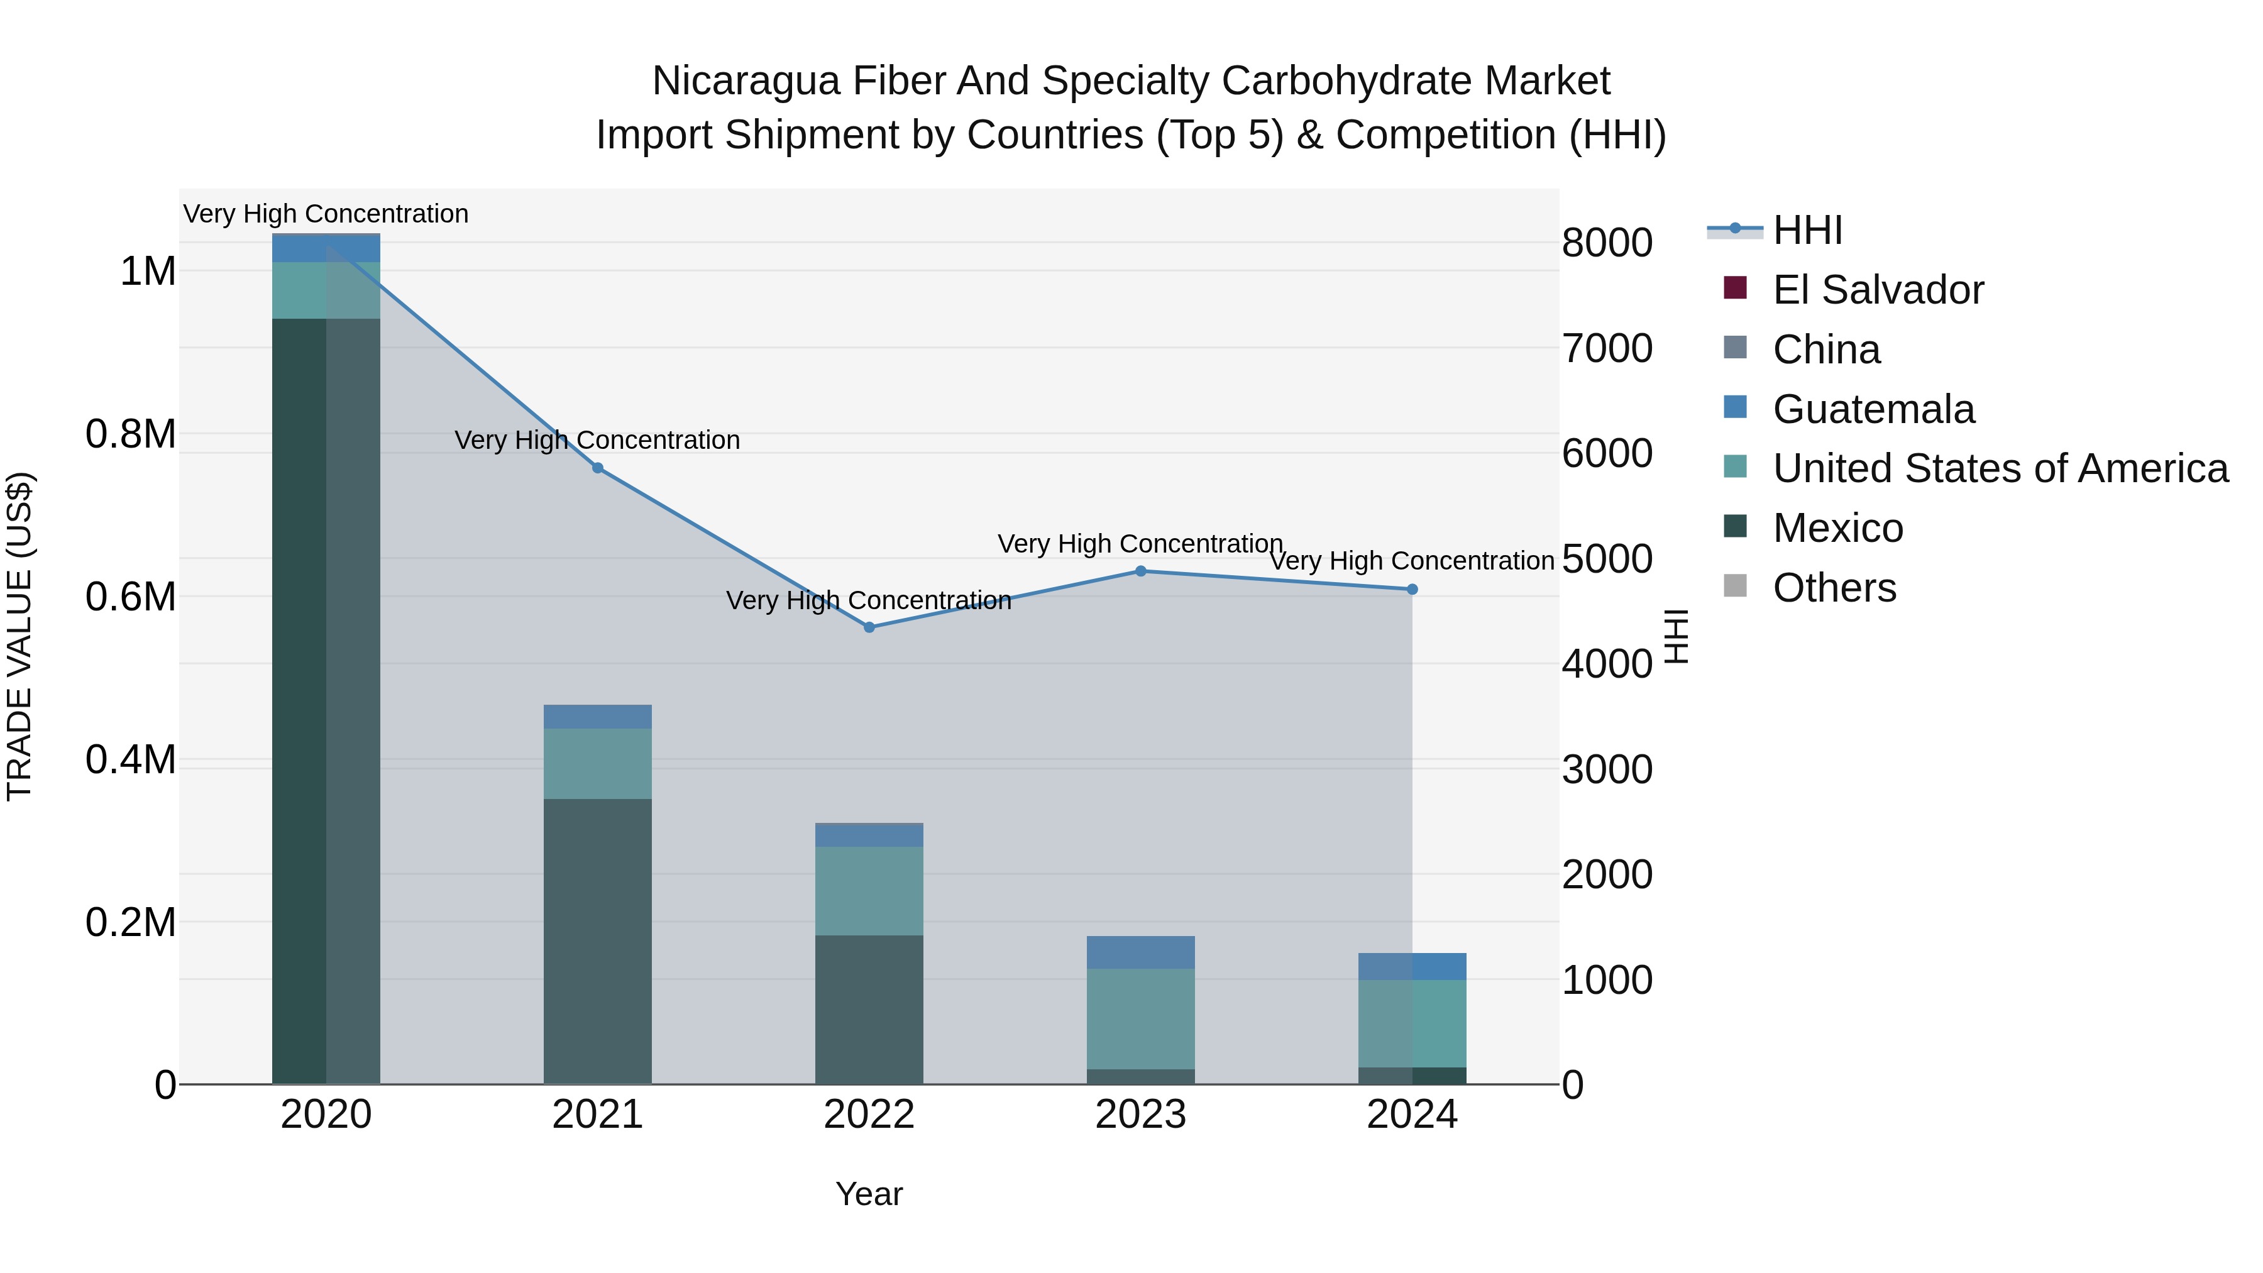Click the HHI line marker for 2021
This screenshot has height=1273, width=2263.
point(597,468)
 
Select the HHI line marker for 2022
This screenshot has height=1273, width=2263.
point(869,627)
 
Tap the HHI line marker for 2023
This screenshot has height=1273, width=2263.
point(1140,571)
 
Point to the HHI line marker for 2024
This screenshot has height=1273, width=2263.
point(1412,590)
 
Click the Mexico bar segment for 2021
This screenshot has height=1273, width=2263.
point(597,940)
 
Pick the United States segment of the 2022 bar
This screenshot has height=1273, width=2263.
point(869,891)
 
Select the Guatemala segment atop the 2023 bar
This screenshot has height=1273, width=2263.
point(1140,952)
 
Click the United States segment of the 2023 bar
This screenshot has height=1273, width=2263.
point(1140,1018)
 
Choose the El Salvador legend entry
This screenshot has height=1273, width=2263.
point(1877,290)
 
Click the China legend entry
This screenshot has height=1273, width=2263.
point(1825,350)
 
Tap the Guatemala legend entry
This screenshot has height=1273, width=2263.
point(1873,409)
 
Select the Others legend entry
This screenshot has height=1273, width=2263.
point(1834,588)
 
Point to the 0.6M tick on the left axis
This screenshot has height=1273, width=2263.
point(130,597)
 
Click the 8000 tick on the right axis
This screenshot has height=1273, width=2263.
point(1607,243)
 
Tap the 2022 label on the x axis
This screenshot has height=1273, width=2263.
point(869,1115)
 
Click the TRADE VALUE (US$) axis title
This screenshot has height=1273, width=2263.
point(19,636)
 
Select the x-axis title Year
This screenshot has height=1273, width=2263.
point(869,1194)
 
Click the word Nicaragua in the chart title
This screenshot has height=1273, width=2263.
point(747,81)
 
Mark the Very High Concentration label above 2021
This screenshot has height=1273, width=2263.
point(597,440)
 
